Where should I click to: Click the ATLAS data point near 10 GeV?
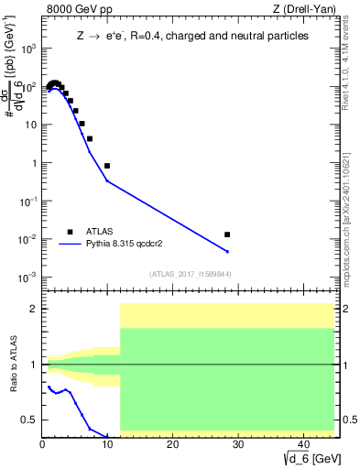[x=107, y=166]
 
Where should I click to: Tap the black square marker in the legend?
[x=70, y=232]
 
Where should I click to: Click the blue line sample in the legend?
[x=70, y=245]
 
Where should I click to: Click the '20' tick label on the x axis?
[x=172, y=444]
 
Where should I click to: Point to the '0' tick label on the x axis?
[x=43, y=444]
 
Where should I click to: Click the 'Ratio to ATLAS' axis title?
[x=12, y=365]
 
